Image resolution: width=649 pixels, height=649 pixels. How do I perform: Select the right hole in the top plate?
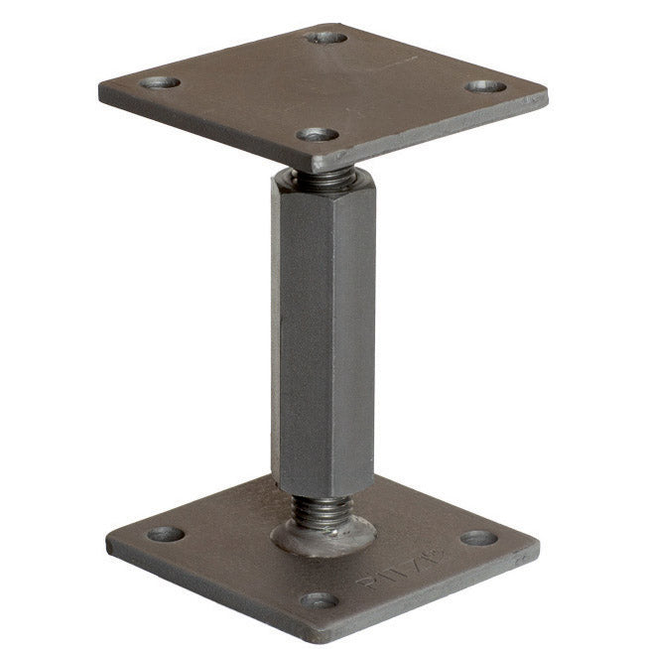pyautogui.click(x=486, y=87)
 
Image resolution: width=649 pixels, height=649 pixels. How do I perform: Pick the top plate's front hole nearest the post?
pyautogui.click(x=318, y=133)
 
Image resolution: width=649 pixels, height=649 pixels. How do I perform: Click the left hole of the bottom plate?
pyautogui.click(x=166, y=534)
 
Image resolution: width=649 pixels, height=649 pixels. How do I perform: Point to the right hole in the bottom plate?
pyautogui.click(x=478, y=538)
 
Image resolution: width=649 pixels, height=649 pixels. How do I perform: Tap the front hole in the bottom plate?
pyautogui.click(x=320, y=600)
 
